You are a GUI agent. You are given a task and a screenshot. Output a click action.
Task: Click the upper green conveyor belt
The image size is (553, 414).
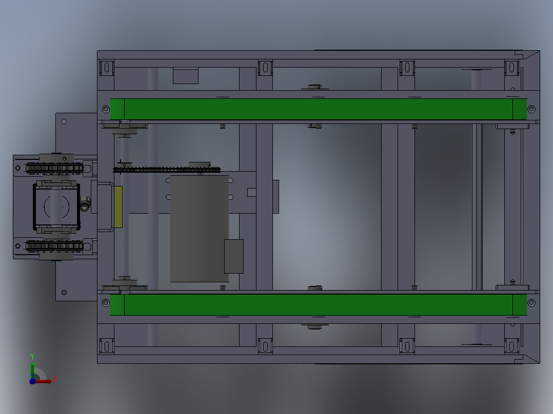point(319,109)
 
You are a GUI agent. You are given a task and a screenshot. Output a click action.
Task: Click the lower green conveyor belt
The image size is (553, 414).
point(319,305)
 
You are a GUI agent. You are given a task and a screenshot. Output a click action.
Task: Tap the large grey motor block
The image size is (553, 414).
point(200,229)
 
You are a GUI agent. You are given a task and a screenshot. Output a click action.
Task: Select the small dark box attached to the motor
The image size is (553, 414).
point(234,256)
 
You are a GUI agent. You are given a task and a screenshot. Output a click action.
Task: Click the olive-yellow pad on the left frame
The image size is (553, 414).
point(118,207)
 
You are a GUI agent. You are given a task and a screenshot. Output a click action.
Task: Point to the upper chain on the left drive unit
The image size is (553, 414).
point(54,168)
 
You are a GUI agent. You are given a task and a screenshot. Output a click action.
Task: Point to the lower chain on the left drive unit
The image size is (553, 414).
point(54,245)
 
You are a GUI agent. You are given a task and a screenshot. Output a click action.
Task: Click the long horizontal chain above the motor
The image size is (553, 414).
point(167,170)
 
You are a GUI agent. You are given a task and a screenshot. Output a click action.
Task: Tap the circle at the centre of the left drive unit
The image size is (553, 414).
point(56,207)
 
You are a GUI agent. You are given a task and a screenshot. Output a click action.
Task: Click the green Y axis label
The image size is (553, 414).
point(32,357)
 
